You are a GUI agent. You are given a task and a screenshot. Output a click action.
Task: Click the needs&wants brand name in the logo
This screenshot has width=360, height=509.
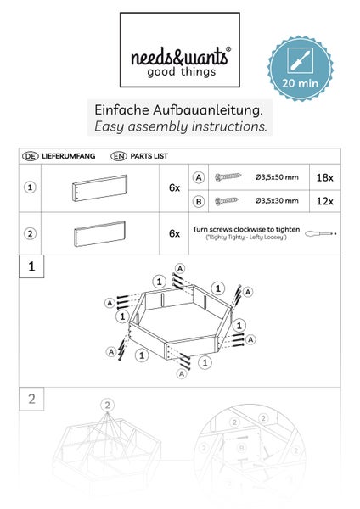(179, 57)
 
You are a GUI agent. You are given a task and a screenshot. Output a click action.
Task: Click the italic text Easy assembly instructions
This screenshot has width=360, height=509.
(179, 127)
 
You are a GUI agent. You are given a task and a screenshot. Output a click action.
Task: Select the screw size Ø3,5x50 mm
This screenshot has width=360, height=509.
(276, 176)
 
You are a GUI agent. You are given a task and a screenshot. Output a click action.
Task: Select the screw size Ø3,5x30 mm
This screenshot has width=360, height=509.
(276, 200)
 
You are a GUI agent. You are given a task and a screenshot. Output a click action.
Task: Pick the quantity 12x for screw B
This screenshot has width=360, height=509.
(325, 200)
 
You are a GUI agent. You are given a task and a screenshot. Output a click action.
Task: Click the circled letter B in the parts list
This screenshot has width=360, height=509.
(199, 200)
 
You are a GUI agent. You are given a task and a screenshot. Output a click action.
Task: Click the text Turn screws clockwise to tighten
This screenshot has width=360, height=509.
(245, 229)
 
